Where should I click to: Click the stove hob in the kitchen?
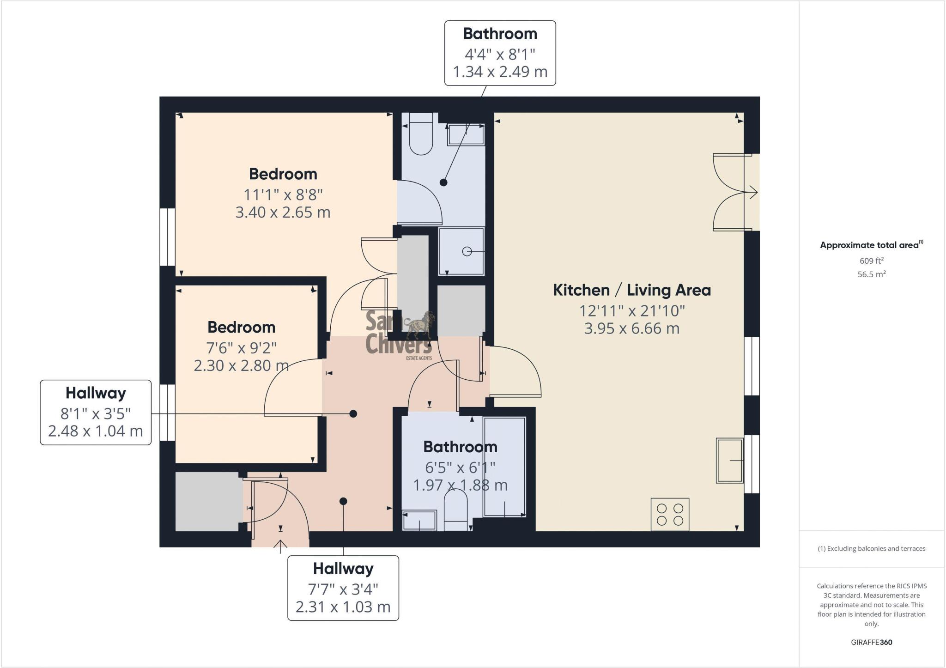click(670, 514)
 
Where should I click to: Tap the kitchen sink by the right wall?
click(729, 461)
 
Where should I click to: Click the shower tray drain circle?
click(467, 252)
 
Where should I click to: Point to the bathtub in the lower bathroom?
click(504, 467)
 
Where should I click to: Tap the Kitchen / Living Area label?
click(631, 290)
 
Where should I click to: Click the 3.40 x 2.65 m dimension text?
click(283, 213)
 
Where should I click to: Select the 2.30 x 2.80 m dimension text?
click(241, 365)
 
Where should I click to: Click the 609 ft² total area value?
click(871, 261)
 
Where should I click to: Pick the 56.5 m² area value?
click(871, 274)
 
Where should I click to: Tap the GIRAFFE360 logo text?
click(871, 642)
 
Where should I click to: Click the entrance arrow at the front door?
click(280, 546)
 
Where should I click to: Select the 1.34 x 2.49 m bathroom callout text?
click(500, 72)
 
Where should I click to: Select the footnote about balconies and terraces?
click(871, 549)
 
